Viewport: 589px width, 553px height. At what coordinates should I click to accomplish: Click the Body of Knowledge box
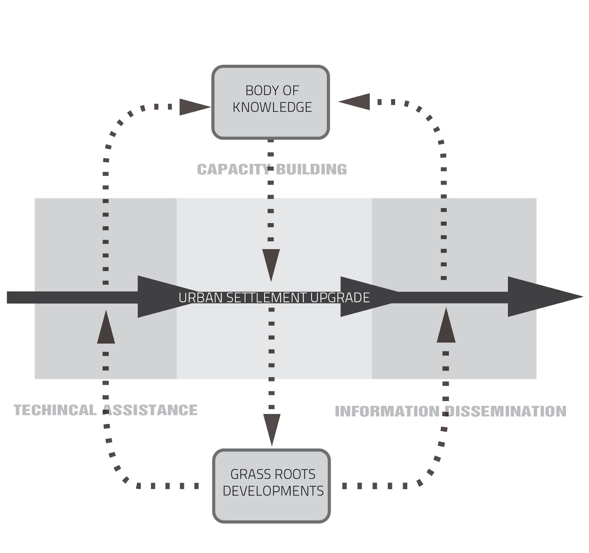coord(270,102)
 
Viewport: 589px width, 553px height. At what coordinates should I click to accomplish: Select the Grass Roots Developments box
coord(272,486)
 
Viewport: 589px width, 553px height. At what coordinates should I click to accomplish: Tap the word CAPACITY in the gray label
coord(233,169)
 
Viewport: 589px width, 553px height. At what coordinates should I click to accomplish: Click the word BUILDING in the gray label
coord(311,169)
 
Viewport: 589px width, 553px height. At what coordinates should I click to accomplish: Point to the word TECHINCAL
coord(54,410)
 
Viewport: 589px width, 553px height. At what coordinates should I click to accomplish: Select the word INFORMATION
coord(387,411)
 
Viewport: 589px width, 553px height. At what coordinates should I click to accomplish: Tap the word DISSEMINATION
coord(506,411)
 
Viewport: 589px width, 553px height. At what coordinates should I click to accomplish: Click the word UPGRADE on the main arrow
coord(340,297)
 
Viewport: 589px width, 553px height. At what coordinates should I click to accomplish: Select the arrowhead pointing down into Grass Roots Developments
coord(272,428)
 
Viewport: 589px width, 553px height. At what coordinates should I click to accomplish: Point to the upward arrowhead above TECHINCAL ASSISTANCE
coord(106,329)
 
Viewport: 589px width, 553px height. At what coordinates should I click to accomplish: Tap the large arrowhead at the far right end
coord(541,297)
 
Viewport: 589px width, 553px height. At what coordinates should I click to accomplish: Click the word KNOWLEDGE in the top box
coord(272,107)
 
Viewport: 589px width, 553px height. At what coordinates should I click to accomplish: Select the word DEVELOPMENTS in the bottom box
coord(273,491)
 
